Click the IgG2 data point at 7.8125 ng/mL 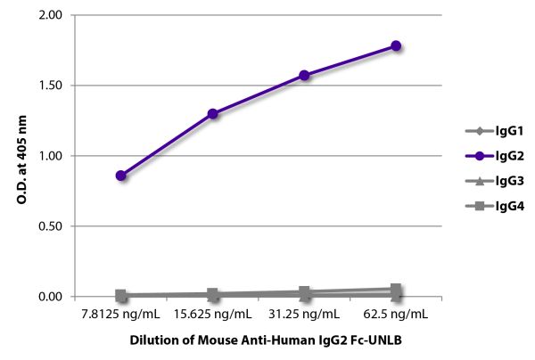[120, 176]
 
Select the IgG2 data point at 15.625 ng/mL [212, 114]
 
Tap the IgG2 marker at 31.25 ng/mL [304, 76]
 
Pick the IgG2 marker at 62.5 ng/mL [396, 45]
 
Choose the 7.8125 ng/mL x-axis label [120, 315]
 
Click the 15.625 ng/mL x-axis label [212, 315]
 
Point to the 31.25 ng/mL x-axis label [304, 315]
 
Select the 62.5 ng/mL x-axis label [396, 315]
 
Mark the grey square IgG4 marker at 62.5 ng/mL [396, 290]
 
